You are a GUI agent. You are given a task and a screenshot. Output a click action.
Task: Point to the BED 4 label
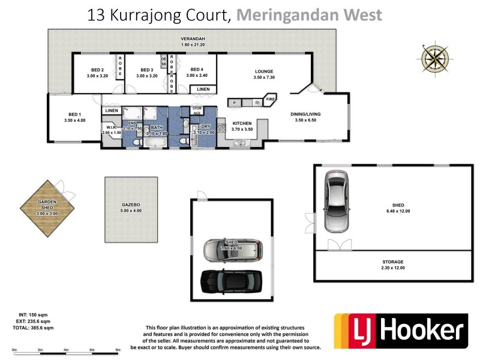pos(196,70)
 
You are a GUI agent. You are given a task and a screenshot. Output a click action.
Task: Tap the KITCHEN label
pos(242,123)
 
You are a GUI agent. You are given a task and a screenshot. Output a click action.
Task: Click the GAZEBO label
pos(130,205)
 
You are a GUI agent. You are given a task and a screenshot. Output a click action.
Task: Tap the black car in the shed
pos(232,280)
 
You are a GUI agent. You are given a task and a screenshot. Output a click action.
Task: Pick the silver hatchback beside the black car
pos(232,250)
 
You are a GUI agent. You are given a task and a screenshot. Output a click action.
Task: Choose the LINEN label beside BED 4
pos(203,89)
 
